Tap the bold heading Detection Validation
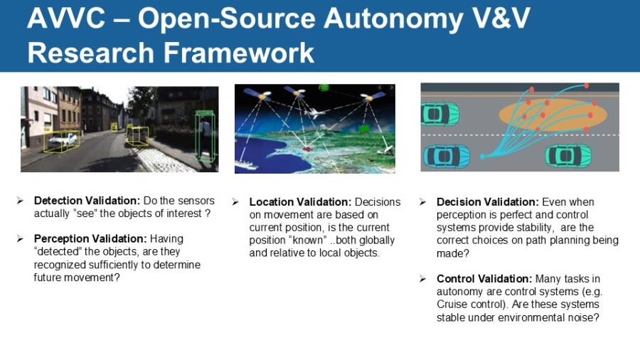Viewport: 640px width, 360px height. (x=87, y=201)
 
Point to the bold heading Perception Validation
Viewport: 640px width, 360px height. (x=90, y=238)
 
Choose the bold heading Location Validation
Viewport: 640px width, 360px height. (x=300, y=202)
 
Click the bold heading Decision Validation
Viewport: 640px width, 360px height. (x=488, y=202)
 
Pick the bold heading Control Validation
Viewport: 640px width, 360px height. (x=484, y=279)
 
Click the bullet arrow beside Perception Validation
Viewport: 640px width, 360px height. (x=21, y=238)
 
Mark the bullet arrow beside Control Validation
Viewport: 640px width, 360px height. (x=423, y=279)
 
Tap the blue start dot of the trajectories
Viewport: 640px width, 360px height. (x=481, y=156)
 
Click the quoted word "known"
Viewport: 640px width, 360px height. (x=306, y=240)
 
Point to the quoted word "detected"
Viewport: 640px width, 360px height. (x=58, y=251)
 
